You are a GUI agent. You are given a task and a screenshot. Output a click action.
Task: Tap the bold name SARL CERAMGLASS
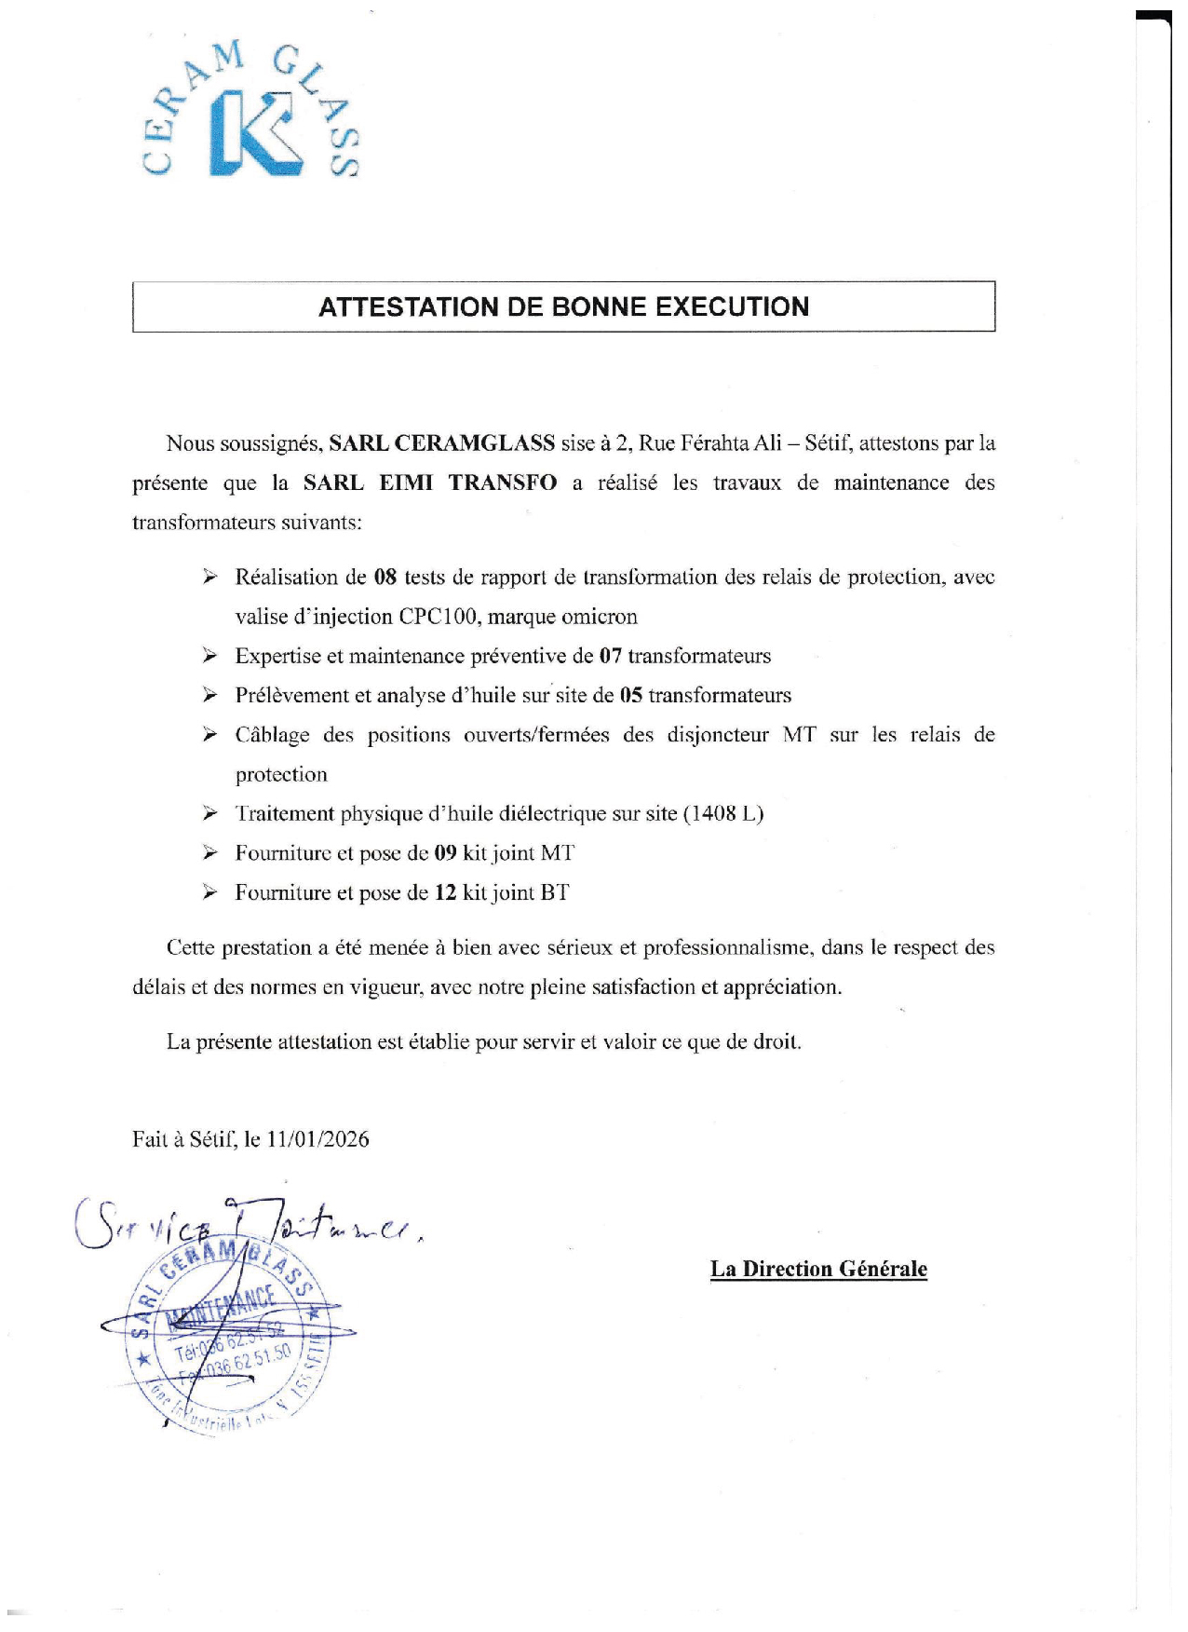coord(441,443)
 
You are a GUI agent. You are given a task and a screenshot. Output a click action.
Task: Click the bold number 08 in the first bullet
coord(385,578)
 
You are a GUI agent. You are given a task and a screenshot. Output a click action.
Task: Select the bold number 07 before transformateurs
coord(610,656)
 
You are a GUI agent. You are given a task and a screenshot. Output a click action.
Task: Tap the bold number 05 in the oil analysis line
coord(630,696)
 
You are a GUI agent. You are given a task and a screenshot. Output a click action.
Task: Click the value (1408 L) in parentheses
coord(723,814)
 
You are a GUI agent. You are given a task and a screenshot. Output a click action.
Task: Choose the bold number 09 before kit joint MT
coord(445,853)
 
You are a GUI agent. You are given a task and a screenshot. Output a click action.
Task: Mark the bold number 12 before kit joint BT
coord(445,893)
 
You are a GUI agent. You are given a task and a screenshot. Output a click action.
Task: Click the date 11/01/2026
coord(317,1139)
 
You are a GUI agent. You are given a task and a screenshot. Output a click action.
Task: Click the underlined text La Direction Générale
coord(818,1269)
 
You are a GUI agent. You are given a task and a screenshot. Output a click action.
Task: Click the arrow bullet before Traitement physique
coord(210,814)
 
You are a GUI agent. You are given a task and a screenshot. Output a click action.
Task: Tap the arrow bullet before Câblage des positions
coord(210,735)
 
